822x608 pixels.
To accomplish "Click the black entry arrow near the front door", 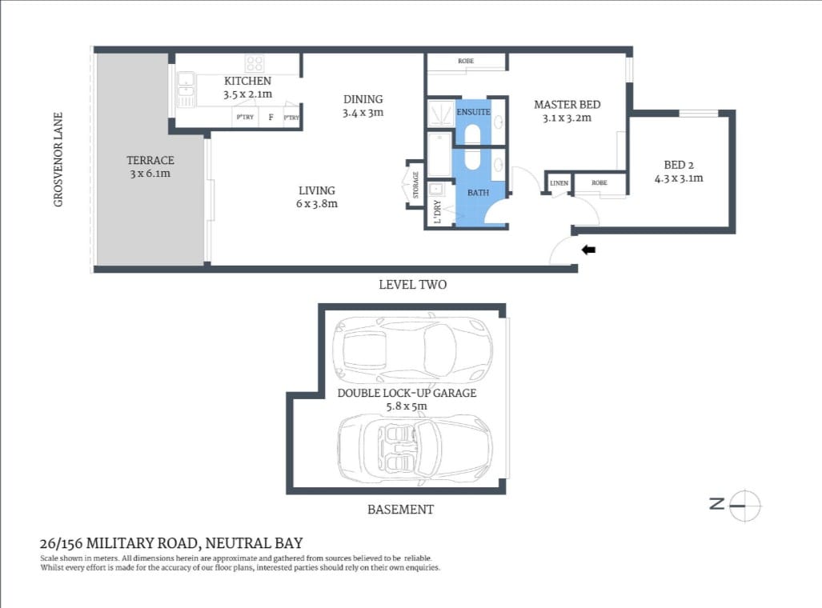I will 588,250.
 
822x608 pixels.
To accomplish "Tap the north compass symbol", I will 744,504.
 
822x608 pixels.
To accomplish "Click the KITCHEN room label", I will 247,81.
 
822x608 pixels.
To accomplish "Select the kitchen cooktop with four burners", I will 255,63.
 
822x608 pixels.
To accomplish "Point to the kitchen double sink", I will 186,90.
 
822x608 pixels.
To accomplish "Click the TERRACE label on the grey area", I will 150,161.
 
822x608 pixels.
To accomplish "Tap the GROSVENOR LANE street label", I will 58,159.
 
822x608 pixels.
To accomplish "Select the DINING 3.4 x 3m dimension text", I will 363,113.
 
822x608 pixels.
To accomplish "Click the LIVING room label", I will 317,190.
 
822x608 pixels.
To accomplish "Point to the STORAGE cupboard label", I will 415,185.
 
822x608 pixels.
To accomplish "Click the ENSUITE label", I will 473,112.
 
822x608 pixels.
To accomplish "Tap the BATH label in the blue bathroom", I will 478,193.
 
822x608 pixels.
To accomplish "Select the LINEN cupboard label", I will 559,183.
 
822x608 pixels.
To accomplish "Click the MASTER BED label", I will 567,105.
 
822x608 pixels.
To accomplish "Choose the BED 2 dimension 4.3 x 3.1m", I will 678,178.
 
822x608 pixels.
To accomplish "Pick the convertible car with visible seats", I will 414,445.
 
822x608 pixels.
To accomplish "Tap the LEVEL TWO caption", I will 412,285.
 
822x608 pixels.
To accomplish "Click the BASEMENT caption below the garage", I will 400,510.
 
